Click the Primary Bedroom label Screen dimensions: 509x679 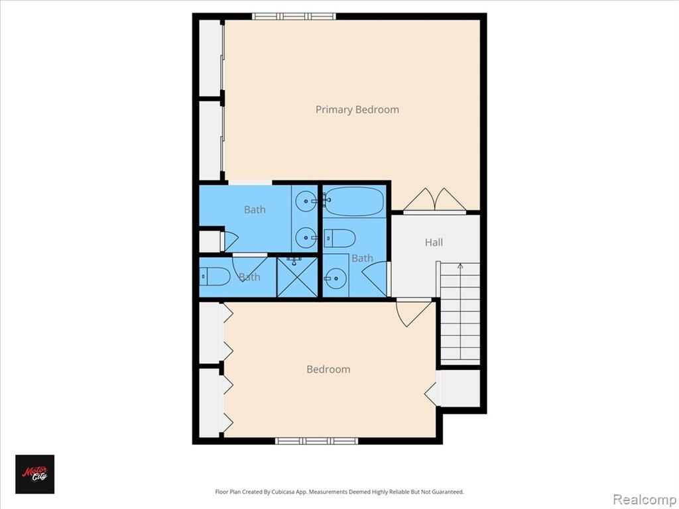click(x=357, y=109)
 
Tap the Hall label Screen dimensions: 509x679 click(x=434, y=243)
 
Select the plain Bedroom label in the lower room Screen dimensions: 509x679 click(x=328, y=369)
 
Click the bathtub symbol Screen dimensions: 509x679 click(x=353, y=201)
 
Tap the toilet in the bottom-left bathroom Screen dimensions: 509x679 click(x=215, y=276)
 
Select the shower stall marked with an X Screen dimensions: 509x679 click(x=297, y=276)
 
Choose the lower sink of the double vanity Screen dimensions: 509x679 click(x=306, y=235)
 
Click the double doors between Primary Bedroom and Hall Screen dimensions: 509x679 click(x=434, y=201)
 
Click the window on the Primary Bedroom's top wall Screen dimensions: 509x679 click(x=294, y=16)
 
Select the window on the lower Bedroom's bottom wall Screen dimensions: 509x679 click(x=317, y=441)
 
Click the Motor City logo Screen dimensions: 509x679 click(x=35, y=474)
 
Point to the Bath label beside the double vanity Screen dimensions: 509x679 click(x=255, y=209)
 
